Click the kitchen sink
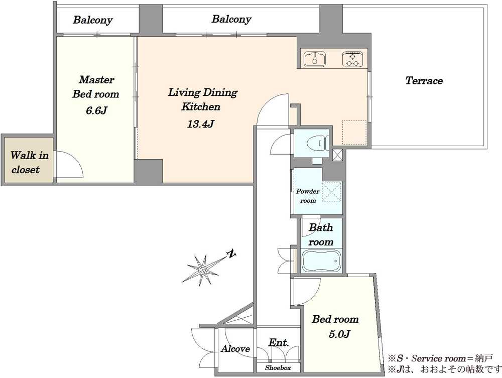tap(315, 59)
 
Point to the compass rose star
tap(202, 270)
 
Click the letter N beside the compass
tap(231, 254)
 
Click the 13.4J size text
tap(200, 124)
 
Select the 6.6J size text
tap(96, 110)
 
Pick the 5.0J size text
tap(339, 334)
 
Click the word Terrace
tap(424, 80)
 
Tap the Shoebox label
tap(278, 368)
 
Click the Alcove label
tap(235, 348)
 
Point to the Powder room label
tap(308, 196)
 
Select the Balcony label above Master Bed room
tap(93, 20)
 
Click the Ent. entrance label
tap(279, 342)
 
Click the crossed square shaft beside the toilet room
tap(337, 155)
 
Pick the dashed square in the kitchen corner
tap(354, 133)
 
